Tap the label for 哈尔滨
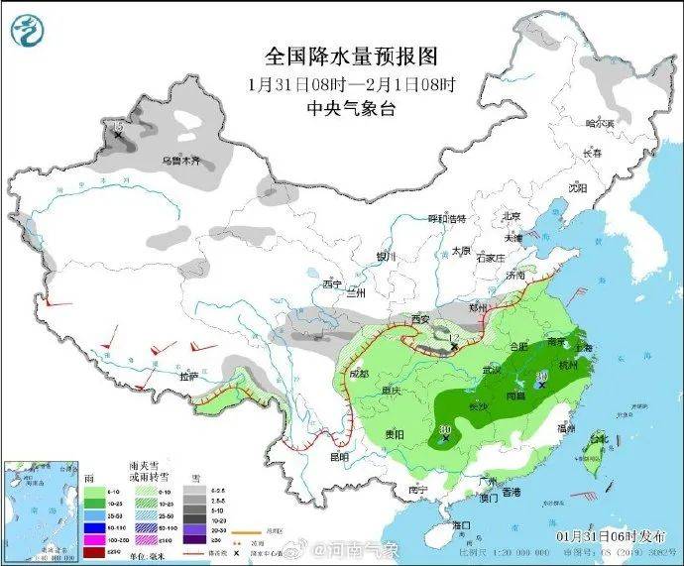click(x=600, y=124)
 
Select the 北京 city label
click(x=512, y=216)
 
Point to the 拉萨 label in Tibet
click(x=187, y=377)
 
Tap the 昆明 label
click(x=338, y=457)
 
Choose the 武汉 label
click(x=493, y=370)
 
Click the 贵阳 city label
click(x=395, y=433)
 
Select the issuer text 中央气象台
click(x=336, y=109)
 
